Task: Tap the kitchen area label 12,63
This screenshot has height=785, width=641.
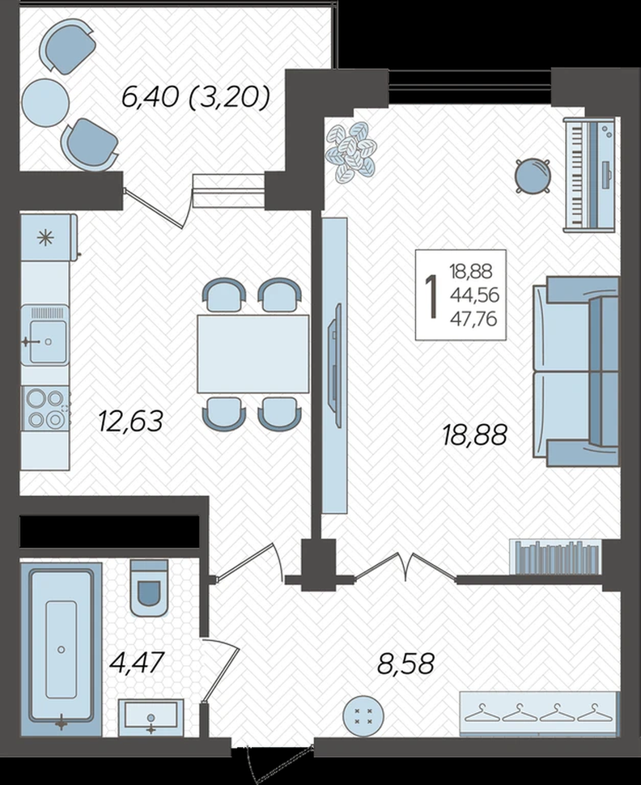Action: pos(130,421)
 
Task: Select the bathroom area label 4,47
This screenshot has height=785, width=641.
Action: pos(137,662)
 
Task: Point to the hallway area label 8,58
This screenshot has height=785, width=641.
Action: pos(405,664)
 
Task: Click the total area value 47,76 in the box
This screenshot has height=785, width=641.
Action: pos(473,318)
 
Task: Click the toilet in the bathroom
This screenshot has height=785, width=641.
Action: pos(149,588)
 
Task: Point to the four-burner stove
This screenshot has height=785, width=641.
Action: pos(45,409)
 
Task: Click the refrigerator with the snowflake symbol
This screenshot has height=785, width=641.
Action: pos(48,237)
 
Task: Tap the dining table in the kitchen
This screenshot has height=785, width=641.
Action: pos(253,354)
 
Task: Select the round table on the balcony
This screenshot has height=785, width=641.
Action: pos(45,103)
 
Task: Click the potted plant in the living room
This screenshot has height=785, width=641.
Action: pos(351,151)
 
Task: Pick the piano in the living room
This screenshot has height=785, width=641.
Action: pos(589,175)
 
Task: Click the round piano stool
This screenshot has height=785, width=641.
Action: pos(533,176)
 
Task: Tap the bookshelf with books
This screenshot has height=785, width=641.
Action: pos(555,557)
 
